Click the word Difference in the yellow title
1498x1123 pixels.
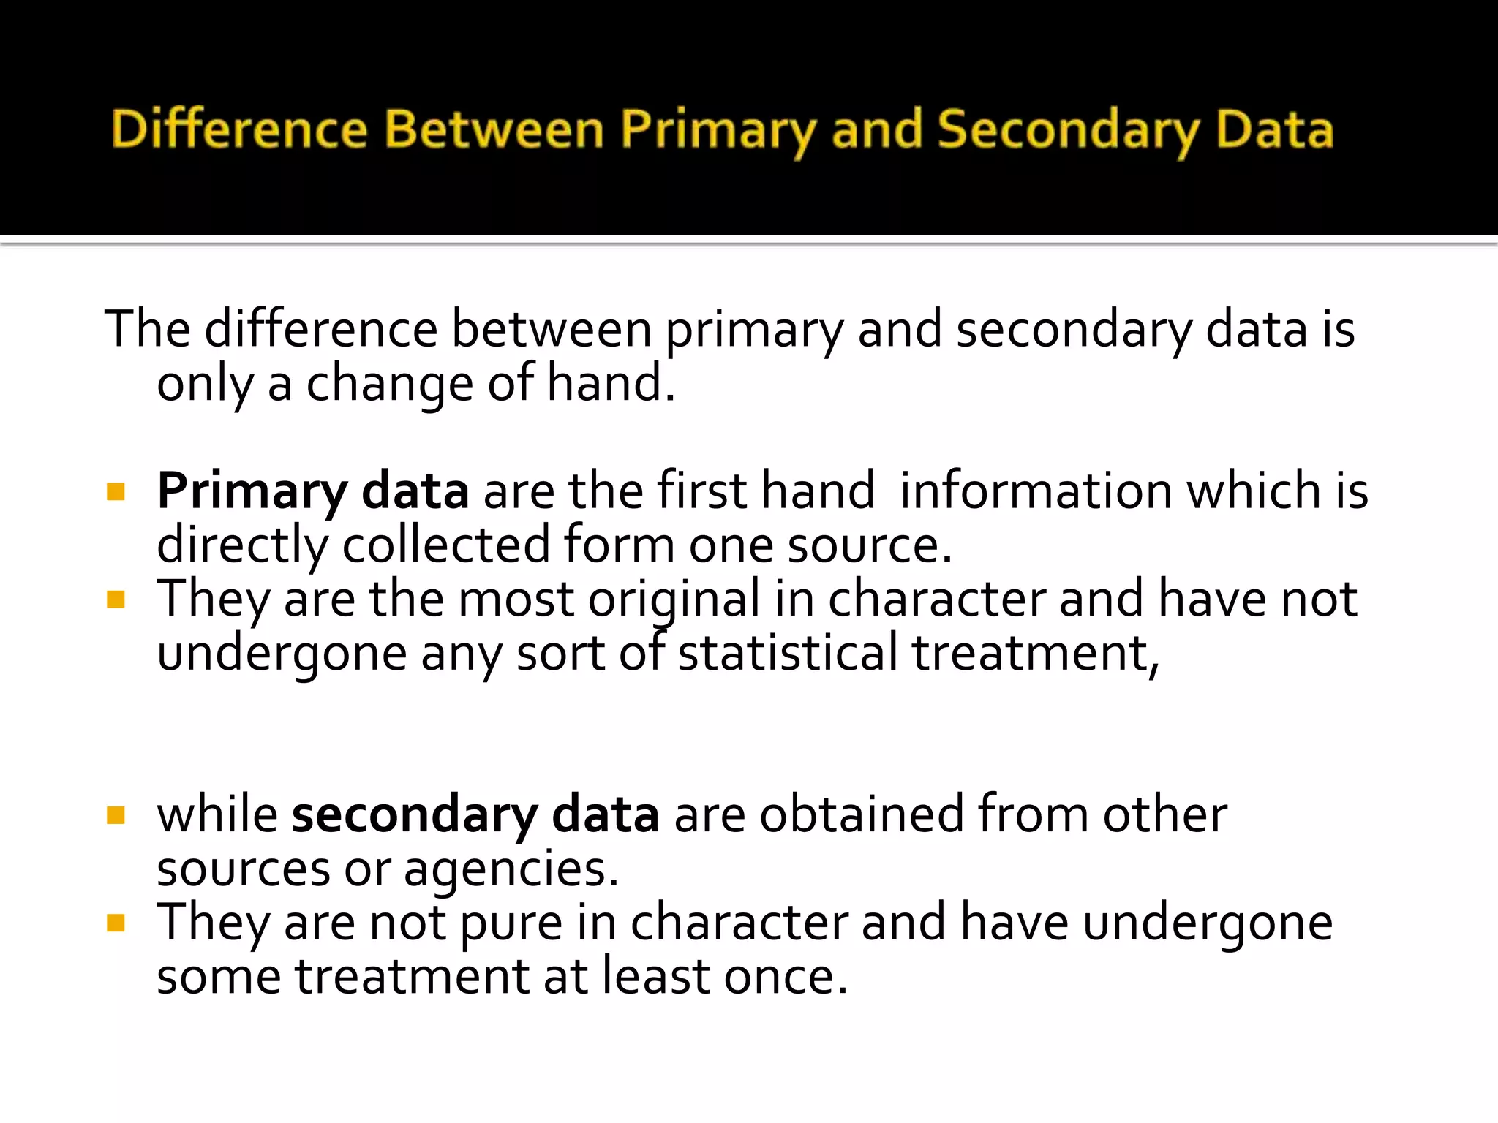239,129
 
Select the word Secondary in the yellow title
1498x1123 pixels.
1068,129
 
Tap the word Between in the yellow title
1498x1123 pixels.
494,129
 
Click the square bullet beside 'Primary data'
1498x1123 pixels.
116,491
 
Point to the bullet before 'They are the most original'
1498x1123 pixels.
116,600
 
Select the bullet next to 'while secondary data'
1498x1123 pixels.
116,814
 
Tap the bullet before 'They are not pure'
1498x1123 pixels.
116,923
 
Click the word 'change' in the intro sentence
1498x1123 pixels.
389,384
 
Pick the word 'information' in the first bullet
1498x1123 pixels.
1036,491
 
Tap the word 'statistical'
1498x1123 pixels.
787,653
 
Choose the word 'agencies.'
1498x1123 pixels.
511,870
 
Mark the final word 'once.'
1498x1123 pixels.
786,977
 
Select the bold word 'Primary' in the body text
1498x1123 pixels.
252,492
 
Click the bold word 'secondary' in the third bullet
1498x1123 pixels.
415,814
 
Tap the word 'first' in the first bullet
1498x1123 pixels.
701,491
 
